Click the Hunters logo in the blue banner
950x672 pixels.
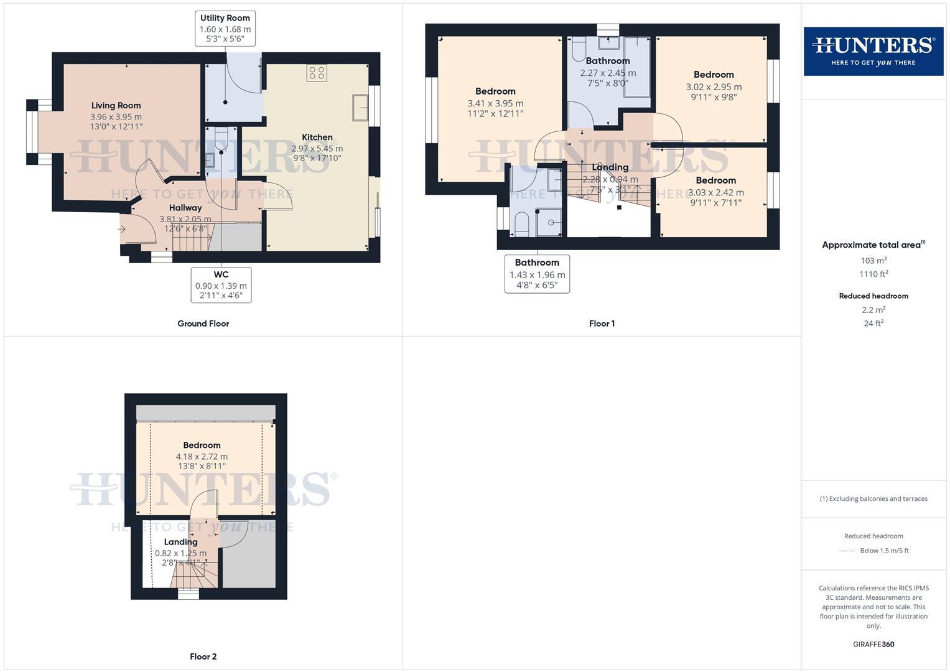[873, 51]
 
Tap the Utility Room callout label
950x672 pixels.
[225, 28]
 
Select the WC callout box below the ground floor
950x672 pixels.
[221, 285]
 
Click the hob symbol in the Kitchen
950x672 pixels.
[317, 73]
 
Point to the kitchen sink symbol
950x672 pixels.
[360, 107]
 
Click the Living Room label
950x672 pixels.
[116, 106]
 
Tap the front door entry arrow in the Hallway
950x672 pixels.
[122, 230]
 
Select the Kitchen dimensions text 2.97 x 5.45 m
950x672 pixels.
[317, 148]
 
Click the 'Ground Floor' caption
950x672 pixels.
[203, 324]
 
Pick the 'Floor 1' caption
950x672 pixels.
[602, 324]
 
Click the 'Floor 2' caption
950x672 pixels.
[203, 656]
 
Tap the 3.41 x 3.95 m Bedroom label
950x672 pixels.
[495, 91]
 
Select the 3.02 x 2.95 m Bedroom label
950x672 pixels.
[714, 75]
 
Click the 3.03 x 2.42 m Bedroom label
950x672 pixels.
[715, 180]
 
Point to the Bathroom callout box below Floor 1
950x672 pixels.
[537, 274]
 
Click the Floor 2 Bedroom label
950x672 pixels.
[202, 446]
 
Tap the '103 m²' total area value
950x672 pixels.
[873, 261]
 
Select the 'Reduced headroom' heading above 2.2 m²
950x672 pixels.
[873, 296]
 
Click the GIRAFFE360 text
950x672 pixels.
[873, 644]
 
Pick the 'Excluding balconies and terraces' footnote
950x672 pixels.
[873, 498]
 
